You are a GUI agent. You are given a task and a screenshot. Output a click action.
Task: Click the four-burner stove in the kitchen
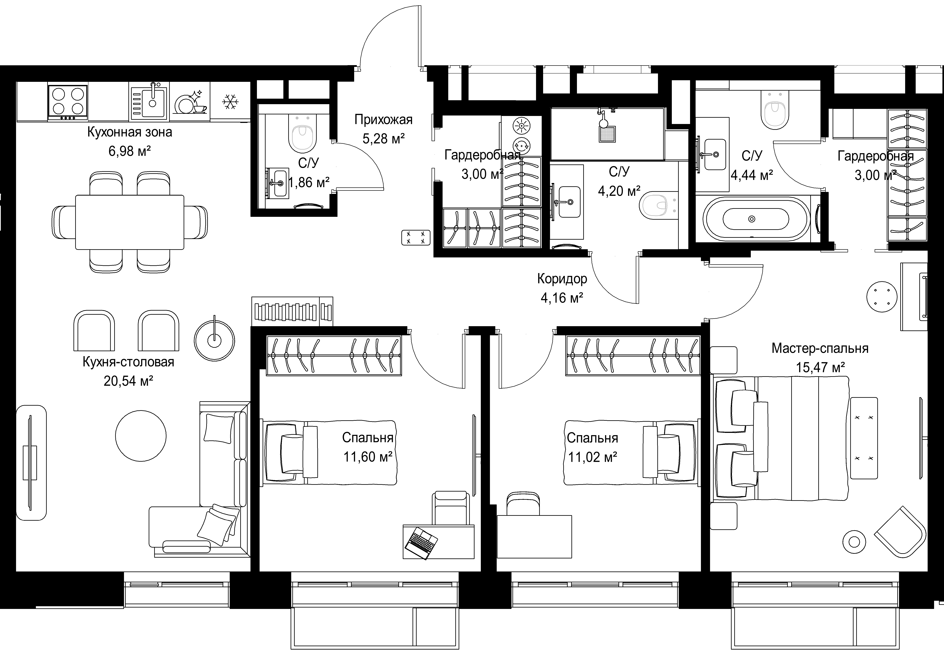68,102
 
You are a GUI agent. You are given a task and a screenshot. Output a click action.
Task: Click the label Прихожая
383,120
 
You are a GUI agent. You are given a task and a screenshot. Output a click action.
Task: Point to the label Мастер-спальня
820,349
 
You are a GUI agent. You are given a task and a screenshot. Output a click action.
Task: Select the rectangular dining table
129,222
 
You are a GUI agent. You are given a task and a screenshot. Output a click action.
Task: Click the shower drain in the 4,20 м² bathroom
607,134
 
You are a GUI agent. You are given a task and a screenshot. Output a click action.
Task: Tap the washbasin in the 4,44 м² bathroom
715,155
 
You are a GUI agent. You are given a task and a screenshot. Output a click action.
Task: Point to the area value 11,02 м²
593,457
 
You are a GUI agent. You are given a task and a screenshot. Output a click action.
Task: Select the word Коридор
562,279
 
